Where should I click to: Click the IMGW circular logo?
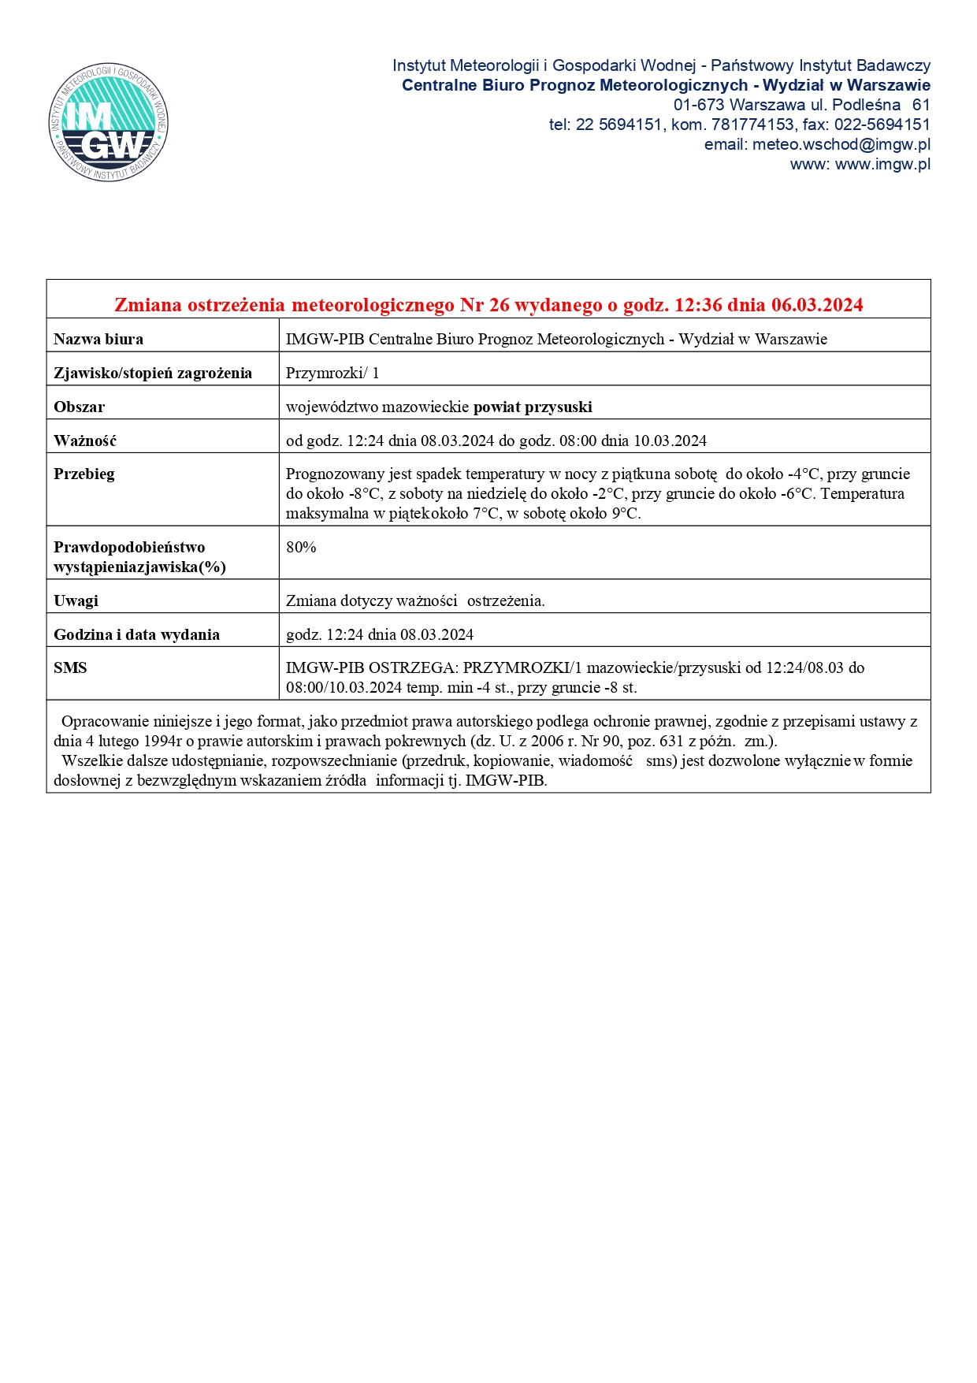(109, 123)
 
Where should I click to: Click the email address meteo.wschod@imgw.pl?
(841, 144)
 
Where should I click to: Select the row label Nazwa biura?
(98, 340)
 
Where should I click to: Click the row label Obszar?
(79, 407)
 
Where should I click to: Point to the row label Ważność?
(85, 441)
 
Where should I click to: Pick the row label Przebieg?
(84, 474)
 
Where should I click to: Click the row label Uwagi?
(76, 600)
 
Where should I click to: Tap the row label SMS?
(70, 667)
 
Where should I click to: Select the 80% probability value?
(301, 547)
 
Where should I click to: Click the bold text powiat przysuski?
(533, 407)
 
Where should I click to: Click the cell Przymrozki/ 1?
(332, 373)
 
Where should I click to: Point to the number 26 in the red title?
(499, 305)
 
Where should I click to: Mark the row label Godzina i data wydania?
(136, 634)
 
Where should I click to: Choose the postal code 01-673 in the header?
(699, 105)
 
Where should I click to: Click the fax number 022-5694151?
(883, 125)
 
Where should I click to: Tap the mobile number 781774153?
(752, 125)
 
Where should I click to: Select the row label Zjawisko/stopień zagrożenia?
(153, 373)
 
